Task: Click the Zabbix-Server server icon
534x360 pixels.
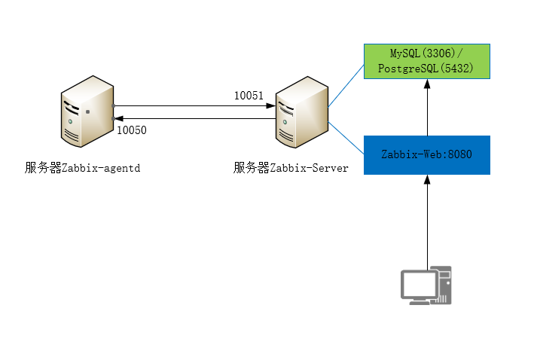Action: tap(301, 111)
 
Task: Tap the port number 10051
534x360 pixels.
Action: tap(249, 96)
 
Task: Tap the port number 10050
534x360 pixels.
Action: tap(132, 130)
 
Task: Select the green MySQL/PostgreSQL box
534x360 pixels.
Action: tap(426, 62)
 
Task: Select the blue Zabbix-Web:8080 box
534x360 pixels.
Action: tap(426, 155)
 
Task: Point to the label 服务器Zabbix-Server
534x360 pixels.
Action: tap(291, 168)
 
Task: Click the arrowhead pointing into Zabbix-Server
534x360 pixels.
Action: tap(271, 106)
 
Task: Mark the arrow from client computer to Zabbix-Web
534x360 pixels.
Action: tap(427, 222)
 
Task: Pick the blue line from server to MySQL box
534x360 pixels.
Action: tap(346, 84)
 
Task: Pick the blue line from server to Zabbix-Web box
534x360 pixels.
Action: tap(346, 133)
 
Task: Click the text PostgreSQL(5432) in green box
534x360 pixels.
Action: tap(426, 69)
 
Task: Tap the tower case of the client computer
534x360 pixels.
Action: tap(444, 285)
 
